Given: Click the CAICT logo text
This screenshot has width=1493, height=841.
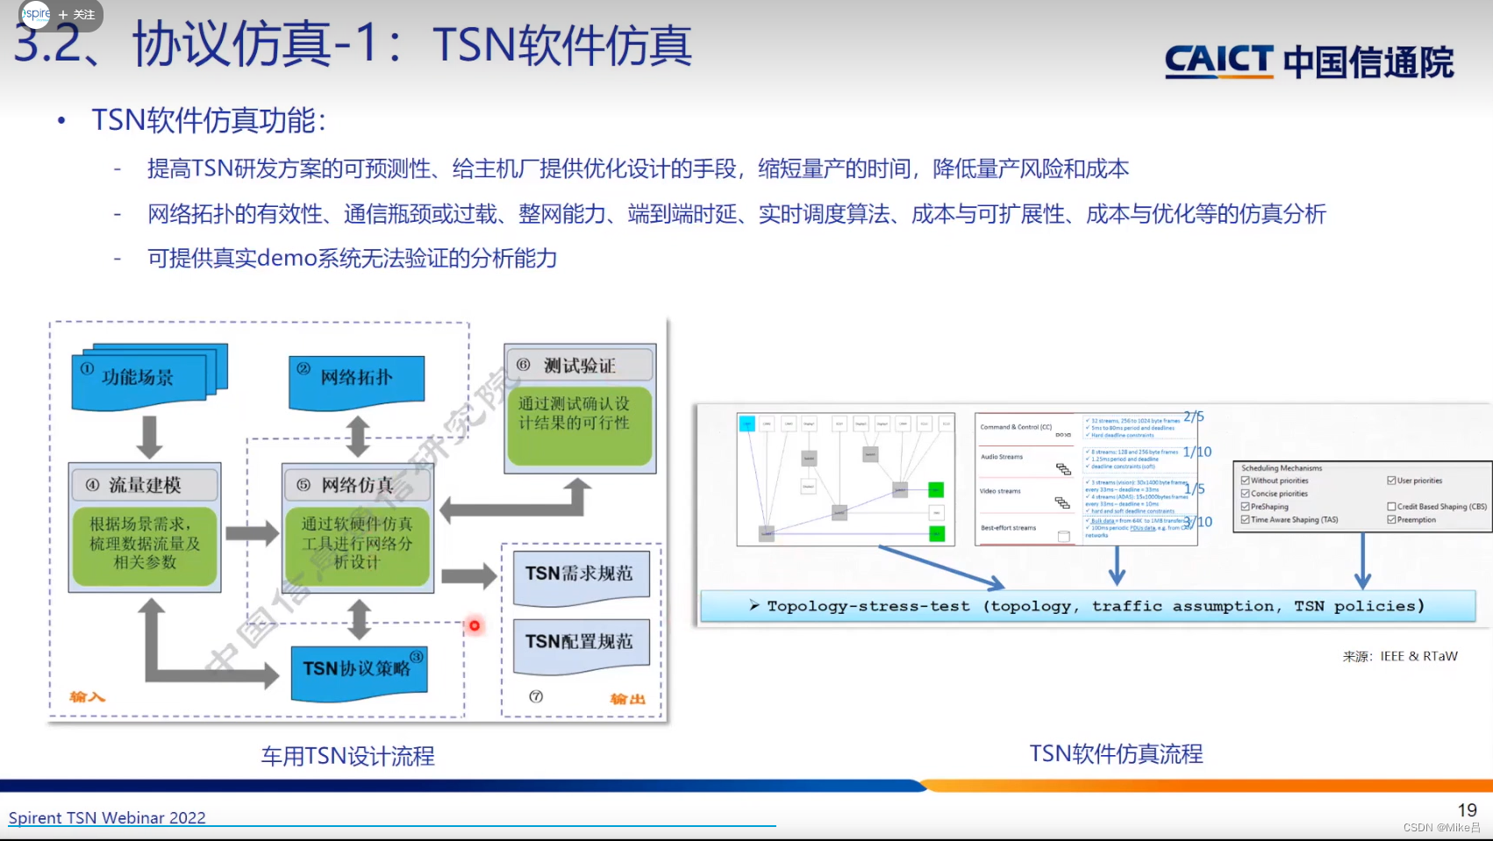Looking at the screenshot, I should click(x=1218, y=61).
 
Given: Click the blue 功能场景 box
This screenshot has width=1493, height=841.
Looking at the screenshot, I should click(x=140, y=378).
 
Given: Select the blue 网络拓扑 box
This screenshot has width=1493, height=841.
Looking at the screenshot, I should click(x=356, y=379).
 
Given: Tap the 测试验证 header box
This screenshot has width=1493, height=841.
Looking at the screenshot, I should click(x=579, y=366).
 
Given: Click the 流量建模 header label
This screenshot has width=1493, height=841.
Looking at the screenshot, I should click(x=145, y=485).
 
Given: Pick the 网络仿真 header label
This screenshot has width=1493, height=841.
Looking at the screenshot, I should click(x=357, y=485).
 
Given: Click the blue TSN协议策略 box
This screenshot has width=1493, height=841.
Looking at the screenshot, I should click(x=358, y=670).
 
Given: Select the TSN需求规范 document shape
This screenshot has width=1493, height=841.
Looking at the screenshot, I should click(x=579, y=574).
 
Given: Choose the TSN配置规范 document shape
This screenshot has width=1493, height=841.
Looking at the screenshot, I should click(x=579, y=643).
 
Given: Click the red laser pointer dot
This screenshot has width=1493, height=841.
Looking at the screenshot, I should click(x=475, y=625).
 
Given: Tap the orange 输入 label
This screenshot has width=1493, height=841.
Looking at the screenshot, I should click(x=87, y=697).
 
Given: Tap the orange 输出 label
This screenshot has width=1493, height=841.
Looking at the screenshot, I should click(x=627, y=699).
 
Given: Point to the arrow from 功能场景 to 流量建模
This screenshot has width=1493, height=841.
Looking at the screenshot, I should click(x=150, y=436).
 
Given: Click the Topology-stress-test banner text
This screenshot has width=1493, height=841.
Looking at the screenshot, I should click(x=1088, y=606).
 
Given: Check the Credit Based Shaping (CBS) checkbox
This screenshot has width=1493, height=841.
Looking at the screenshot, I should click(x=1391, y=507).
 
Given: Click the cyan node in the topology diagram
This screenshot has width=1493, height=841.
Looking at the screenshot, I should click(x=746, y=424).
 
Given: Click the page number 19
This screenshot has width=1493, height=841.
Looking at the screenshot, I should click(x=1468, y=810).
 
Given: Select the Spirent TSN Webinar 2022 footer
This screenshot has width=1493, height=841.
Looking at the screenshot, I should click(x=107, y=817).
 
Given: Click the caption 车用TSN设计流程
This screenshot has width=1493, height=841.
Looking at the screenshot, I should click(x=347, y=756).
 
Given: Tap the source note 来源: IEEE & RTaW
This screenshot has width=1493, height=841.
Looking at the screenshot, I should click(x=1399, y=656).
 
